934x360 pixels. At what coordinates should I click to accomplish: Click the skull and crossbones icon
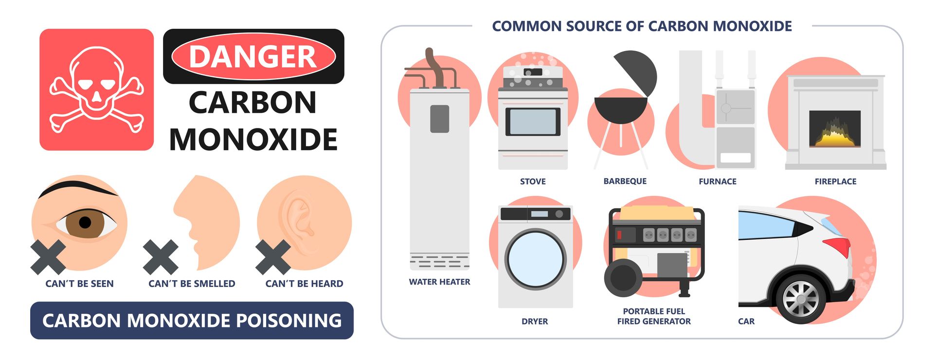(x=96, y=90)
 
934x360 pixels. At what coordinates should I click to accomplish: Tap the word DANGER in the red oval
(x=253, y=56)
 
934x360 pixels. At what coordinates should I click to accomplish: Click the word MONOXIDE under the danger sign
(x=253, y=140)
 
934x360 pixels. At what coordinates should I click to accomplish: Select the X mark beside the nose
(x=161, y=257)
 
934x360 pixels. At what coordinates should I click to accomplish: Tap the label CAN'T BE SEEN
(x=79, y=284)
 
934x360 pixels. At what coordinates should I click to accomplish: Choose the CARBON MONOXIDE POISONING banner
(x=192, y=321)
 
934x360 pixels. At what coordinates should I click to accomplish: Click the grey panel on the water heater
(x=439, y=119)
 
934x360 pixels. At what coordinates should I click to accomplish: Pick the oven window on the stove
(x=533, y=121)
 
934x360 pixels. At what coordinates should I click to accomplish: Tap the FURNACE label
(x=718, y=181)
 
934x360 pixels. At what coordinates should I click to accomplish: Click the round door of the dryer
(x=535, y=259)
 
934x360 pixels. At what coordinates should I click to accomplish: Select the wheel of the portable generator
(x=623, y=278)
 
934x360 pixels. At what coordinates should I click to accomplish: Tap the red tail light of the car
(x=838, y=246)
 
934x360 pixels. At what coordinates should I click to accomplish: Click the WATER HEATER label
(x=439, y=282)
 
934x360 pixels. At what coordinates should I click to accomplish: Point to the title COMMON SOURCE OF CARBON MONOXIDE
(x=642, y=26)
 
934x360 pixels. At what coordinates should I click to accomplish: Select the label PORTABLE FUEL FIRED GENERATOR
(x=654, y=316)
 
